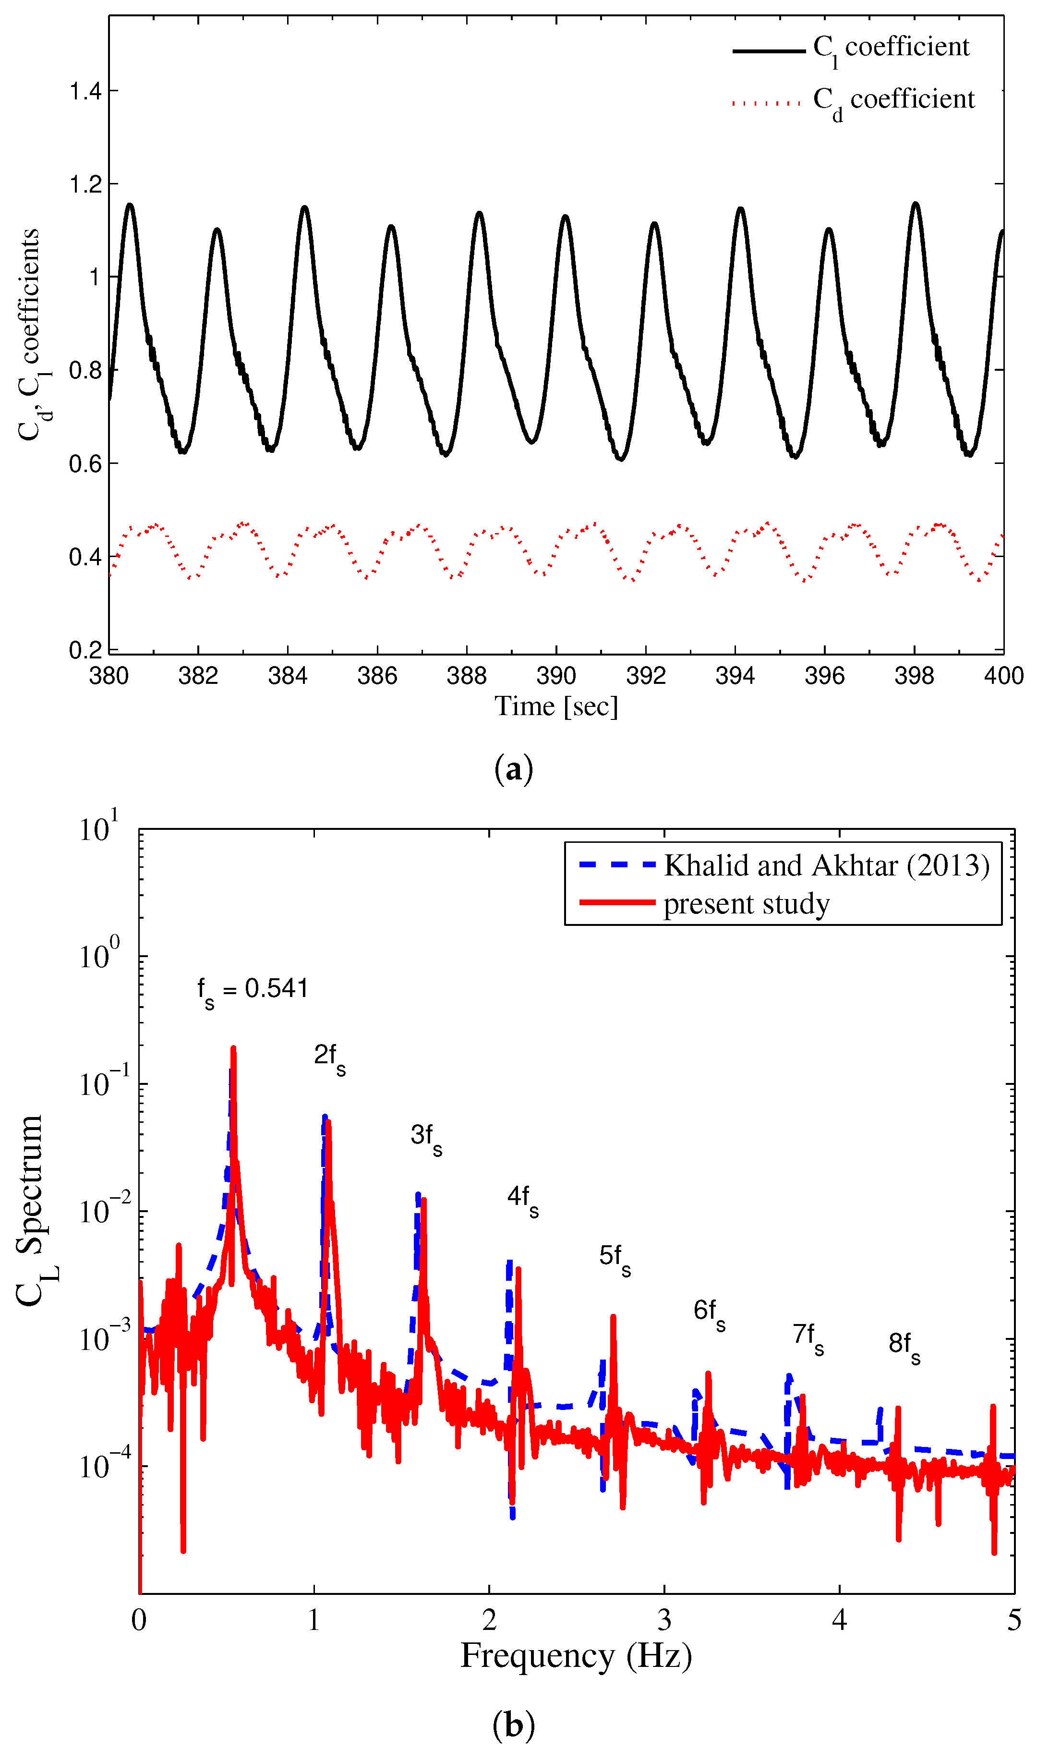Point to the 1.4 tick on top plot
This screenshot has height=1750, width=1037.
click(85, 92)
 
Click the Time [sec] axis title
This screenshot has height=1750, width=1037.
click(556, 706)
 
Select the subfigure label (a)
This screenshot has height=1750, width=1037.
click(514, 769)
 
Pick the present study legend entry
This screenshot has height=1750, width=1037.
click(747, 904)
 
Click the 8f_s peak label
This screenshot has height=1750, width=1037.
click(904, 1344)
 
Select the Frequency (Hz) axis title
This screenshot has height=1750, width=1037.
click(576, 1656)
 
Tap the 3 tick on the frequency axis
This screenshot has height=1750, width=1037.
click(664, 1620)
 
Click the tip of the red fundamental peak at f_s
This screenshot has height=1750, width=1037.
click(233, 1048)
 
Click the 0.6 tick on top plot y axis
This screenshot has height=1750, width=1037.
click(85, 464)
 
